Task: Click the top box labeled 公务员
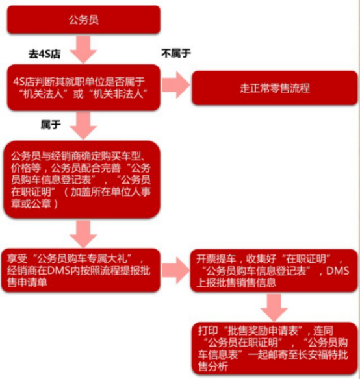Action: [x=84, y=19]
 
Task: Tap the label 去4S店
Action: [x=45, y=54]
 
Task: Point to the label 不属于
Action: [x=176, y=53]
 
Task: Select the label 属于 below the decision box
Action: [x=51, y=125]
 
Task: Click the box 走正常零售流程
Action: [x=275, y=88]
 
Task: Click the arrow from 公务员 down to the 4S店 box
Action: [x=84, y=49]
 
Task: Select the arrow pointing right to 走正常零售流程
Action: [x=176, y=85]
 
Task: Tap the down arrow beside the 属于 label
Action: [x=84, y=126]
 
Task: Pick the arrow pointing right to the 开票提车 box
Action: [x=176, y=270]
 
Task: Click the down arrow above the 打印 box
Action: [x=274, y=308]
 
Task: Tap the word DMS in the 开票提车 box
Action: [x=337, y=271]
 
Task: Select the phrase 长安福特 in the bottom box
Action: [x=318, y=354]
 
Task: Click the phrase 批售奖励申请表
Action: [x=263, y=331]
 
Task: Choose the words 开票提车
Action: [x=216, y=259]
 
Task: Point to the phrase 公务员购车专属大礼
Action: [x=82, y=259]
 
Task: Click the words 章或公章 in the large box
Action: [x=31, y=204]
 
